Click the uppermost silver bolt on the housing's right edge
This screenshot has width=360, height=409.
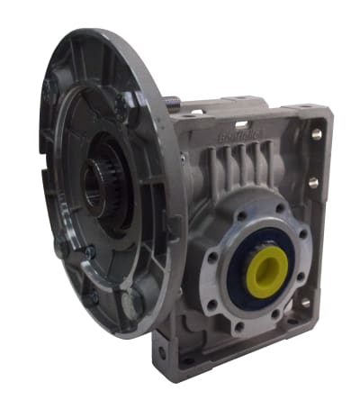[x=316, y=134]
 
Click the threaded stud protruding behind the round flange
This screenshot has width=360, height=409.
[x=173, y=106]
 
